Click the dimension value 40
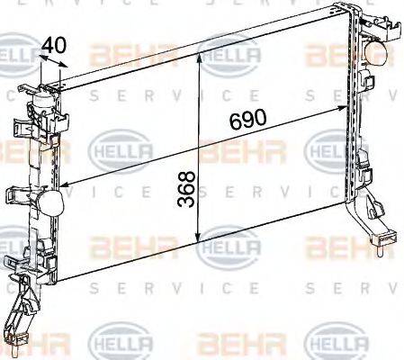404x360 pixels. point(54,43)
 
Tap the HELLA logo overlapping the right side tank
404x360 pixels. point(340,148)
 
